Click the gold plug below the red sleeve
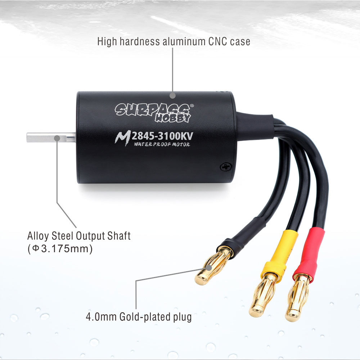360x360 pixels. tap(298, 298)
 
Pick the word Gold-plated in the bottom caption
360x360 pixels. tap(145, 317)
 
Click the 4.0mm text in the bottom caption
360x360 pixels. tap(101, 317)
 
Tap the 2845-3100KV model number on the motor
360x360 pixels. tap(162, 136)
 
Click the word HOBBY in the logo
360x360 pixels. tap(173, 118)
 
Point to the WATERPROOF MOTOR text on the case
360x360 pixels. tap(162, 144)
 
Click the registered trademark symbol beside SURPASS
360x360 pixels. tap(192, 105)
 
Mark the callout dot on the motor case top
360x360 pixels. tap(173, 95)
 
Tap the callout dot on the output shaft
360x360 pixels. tap(57, 138)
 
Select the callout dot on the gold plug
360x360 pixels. tap(209, 268)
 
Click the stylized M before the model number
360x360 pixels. tap(123, 138)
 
